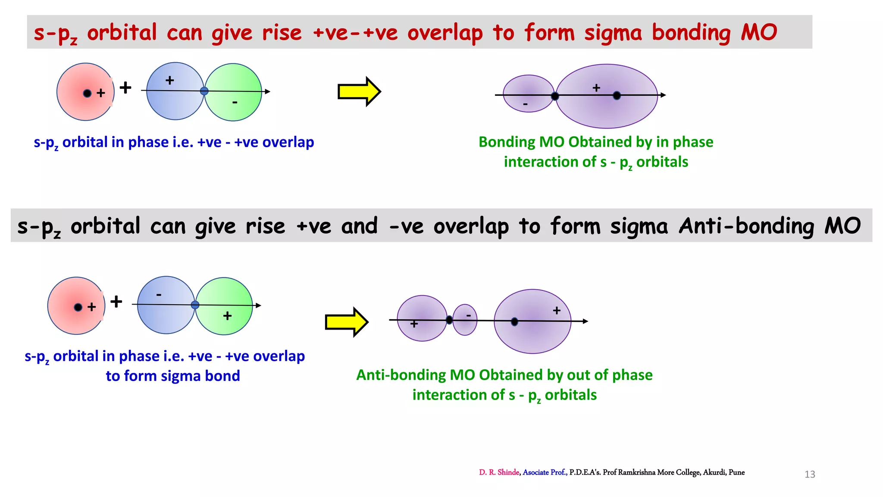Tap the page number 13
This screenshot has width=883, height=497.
[810, 475]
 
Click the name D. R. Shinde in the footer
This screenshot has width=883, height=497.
[499, 472]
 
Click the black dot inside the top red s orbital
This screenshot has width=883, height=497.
[87, 93]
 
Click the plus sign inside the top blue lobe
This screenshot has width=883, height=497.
[170, 80]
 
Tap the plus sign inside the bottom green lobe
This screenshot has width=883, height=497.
[227, 316]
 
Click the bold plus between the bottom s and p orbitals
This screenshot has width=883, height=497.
[116, 301]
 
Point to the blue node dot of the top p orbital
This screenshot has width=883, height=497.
[204, 91]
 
